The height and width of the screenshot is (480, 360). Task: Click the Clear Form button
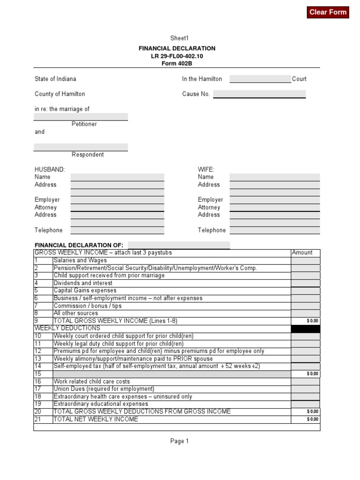328,12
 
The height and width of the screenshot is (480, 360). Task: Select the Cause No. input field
259,94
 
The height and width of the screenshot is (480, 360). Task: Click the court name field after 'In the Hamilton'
260,79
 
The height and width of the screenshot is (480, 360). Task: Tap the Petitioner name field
81,117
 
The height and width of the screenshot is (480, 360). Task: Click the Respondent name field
81,147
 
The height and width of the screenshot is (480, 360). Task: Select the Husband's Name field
117,177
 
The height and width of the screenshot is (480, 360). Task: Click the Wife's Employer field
275,200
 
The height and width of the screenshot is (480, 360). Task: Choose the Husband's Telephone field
117,230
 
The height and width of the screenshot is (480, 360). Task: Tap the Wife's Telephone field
275,230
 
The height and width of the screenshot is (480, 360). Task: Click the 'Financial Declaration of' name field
179,245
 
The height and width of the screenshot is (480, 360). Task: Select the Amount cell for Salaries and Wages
306,261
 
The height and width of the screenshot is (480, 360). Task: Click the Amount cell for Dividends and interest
306,283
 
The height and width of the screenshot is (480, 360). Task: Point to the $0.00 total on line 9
312,321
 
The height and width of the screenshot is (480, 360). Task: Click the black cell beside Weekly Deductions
306,329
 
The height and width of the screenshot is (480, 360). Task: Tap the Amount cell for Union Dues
306,389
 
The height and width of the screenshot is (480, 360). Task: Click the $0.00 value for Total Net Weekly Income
312,420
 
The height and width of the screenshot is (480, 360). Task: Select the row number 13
38,359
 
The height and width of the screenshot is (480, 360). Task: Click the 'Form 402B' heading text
177,63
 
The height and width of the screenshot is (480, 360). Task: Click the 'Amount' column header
302,253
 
